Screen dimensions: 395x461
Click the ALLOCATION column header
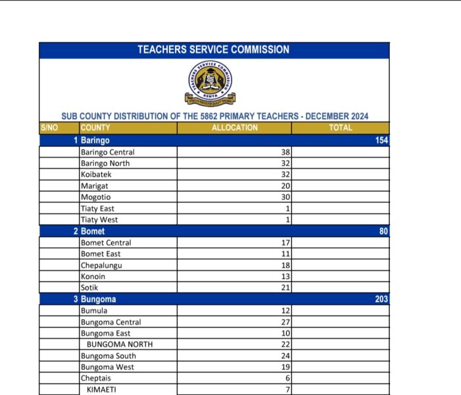point(234,128)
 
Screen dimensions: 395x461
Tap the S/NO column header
point(49,128)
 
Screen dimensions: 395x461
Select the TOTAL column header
point(340,128)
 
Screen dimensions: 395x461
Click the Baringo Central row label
point(107,152)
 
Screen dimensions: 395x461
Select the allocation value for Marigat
point(285,186)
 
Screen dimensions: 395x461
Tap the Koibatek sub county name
point(97,174)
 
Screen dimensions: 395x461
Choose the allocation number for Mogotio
point(285,197)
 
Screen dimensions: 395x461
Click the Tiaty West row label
point(99,220)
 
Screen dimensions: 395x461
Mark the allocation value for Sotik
point(285,288)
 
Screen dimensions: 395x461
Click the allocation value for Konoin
point(285,277)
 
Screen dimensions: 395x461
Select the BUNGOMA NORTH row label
point(119,345)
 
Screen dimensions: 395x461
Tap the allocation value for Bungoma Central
point(285,323)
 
